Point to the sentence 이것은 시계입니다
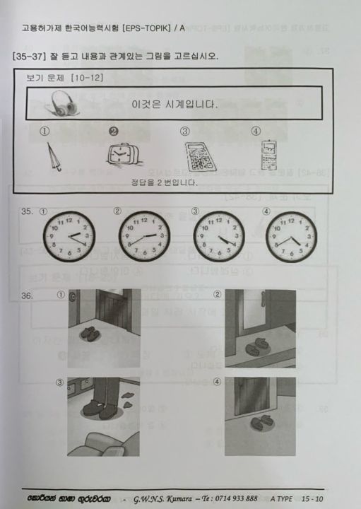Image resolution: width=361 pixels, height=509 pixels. (x=174, y=104)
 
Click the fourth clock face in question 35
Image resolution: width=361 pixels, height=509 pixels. (x=290, y=235)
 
